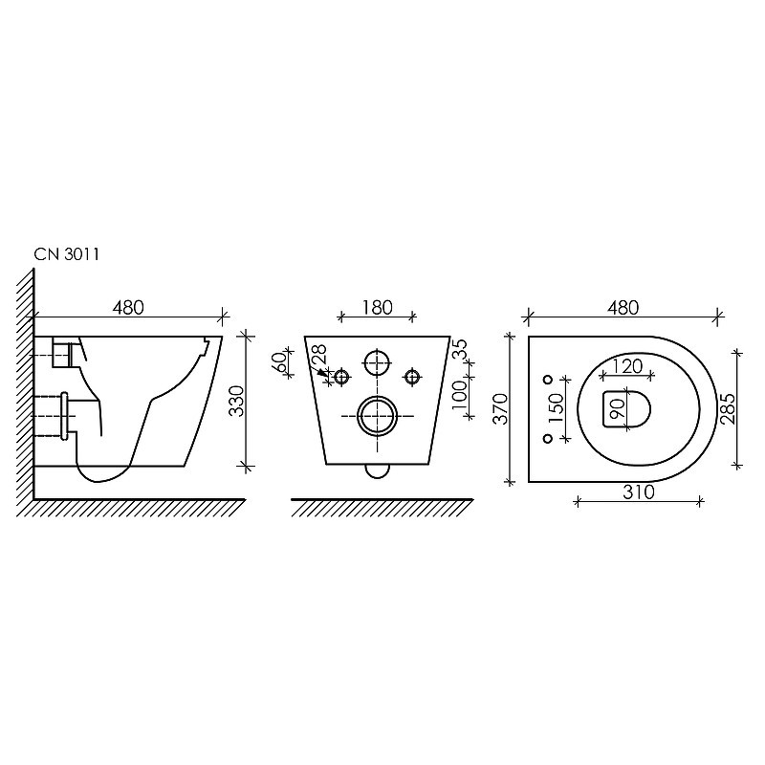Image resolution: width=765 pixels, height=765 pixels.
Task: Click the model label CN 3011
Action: pos(67,254)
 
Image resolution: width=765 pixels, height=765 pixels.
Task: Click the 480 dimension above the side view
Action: pos(128,307)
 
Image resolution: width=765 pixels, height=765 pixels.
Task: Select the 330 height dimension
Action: pos(237,401)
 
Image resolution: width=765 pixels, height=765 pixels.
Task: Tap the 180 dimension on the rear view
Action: pos(378,307)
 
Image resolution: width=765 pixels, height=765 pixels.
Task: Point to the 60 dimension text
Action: pos(279,362)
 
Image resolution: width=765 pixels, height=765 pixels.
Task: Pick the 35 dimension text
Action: pos(460,349)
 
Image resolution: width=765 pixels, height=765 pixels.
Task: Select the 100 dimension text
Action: pos(460,395)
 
